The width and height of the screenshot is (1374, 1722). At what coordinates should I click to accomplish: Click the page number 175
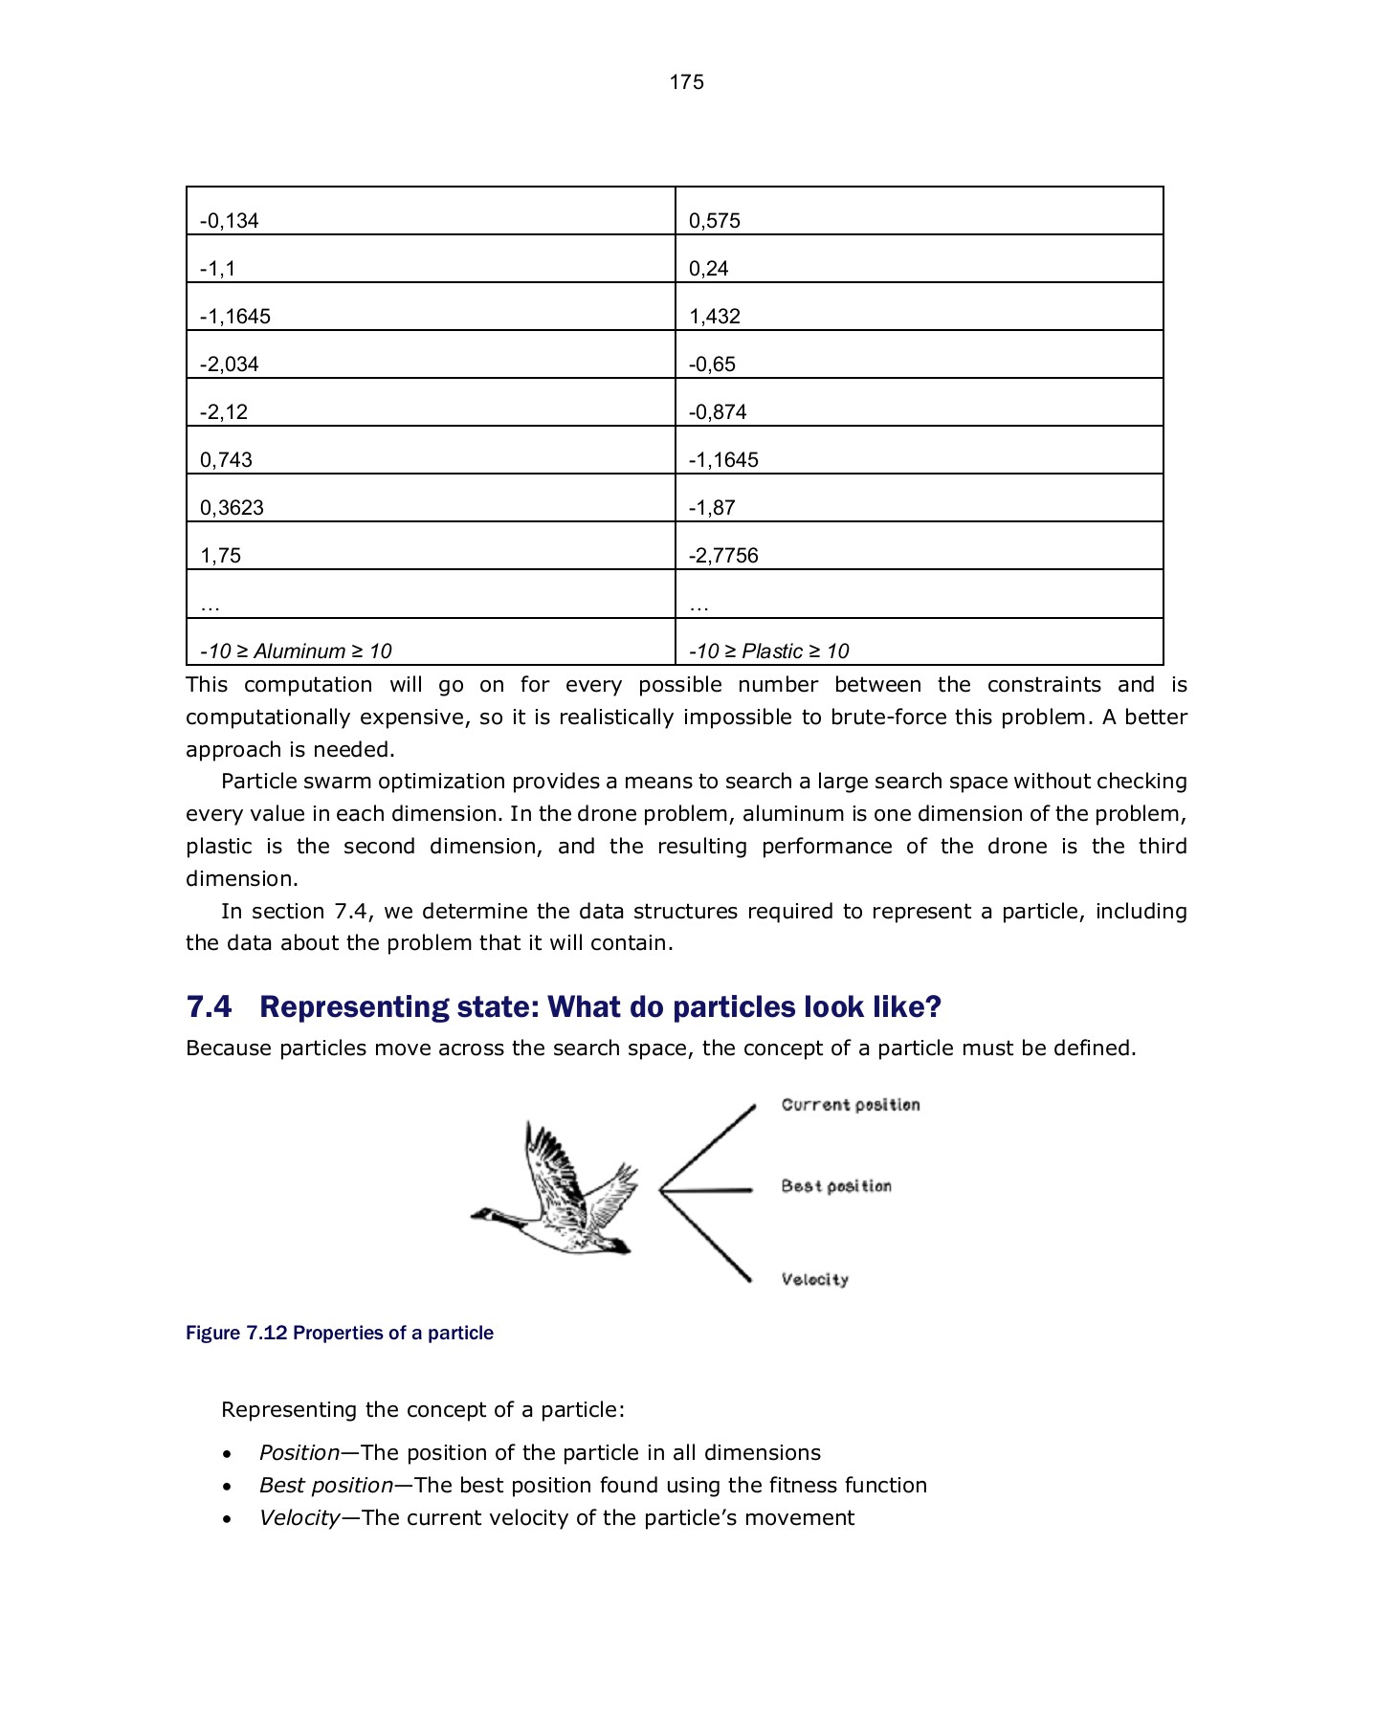pyautogui.click(x=686, y=82)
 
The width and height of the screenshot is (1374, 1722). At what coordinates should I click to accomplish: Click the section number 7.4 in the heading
pyautogui.click(x=209, y=1007)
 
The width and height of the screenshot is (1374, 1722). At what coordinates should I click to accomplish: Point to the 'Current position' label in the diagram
pyautogui.click(x=851, y=1105)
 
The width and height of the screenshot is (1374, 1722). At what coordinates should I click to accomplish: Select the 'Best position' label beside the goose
pyautogui.click(x=836, y=1186)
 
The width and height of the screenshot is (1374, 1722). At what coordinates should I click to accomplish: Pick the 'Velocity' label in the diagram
pyautogui.click(x=814, y=1280)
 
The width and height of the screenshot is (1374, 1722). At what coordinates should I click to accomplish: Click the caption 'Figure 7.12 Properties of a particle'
pyautogui.click(x=340, y=1334)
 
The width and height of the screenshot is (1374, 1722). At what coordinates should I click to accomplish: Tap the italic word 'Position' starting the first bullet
pyautogui.click(x=299, y=1453)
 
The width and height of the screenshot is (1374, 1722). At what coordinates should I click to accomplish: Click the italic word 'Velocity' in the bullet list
pyautogui.click(x=299, y=1518)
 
